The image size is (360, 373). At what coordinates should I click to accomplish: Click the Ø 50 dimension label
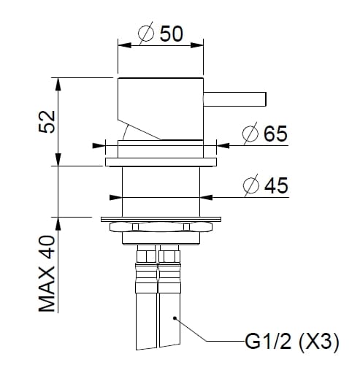(x=159, y=34)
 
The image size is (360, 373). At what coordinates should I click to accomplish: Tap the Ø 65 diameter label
(x=264, y=134)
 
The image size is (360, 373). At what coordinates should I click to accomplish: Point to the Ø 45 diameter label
(x=264, y=185)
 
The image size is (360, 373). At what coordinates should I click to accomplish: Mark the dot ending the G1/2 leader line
(x=175, y=317)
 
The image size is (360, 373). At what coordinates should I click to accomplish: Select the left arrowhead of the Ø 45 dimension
(x=115, y=196)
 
